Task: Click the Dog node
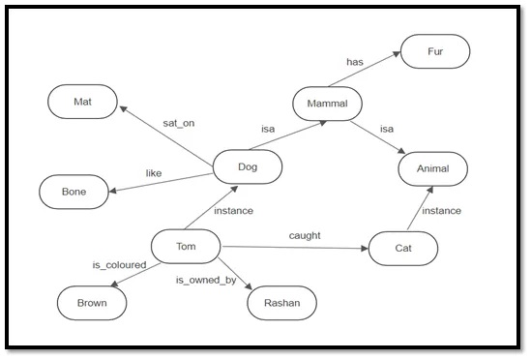(247, 167)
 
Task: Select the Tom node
(186, 247)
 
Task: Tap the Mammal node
(327, 103)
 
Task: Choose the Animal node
(434, 168)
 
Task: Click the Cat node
(403, 248)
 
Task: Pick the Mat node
(82, 100)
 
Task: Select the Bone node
(74, 192)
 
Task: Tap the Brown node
(91, 303)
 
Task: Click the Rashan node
(282, 303)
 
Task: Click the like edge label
(153, 173)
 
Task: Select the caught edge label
(305, 235)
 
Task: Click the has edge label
(354, 63)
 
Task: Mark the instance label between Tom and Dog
(233, 210)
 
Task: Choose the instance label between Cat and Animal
(441, 210)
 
